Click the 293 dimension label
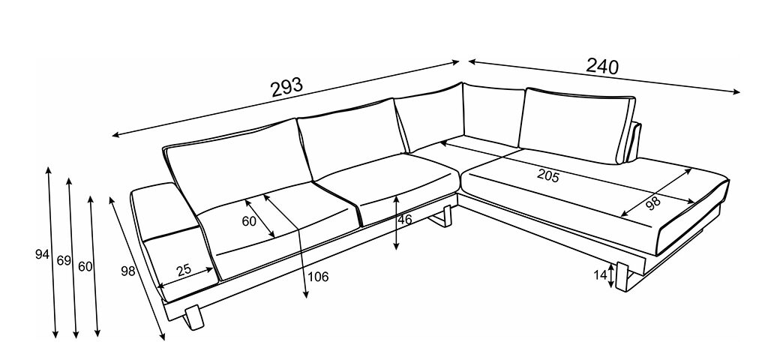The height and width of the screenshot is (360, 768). tap(287, 87)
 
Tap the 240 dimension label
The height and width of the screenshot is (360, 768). tap(602, 66)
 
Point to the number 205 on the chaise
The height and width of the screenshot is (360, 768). tap(547, 175)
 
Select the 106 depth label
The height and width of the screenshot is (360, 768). tap(318, 277)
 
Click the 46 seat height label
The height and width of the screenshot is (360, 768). tap(404, 220)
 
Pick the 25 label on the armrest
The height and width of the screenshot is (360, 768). tap(184, 270)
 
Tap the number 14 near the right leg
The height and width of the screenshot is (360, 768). tap(601, 275)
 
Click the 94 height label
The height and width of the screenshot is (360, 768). tap(42, 255)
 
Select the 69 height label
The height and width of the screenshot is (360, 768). tap(64, 260)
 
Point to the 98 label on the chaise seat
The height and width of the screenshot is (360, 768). tap(653, 202)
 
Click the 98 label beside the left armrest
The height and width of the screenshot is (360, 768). tap(127, 271)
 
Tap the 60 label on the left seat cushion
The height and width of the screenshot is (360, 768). tap(249, 221)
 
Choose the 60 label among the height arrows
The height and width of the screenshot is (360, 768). tap(85, 267)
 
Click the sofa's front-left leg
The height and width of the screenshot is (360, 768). tap(193, 317)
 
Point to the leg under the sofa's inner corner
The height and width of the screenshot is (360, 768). tap(443, 218)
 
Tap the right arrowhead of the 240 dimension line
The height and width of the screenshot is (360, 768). tap(736, 91)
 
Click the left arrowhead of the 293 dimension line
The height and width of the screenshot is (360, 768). tap(116, 135)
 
